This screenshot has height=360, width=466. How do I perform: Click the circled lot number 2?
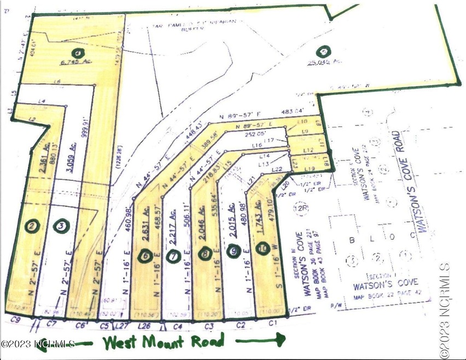(x=33, y=225)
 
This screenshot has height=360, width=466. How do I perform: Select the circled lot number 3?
(x=62, y=225)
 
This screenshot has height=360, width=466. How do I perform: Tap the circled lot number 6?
(x=145, y=255)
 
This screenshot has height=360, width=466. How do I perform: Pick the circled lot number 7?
(x=174, y=255)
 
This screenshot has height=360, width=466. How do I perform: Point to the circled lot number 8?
(x=205, y=253)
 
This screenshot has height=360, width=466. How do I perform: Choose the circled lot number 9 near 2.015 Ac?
(x=234, y=252)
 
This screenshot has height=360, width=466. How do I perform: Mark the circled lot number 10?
(x=265, y=247)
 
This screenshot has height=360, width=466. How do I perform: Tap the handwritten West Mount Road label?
(x=164, y=342)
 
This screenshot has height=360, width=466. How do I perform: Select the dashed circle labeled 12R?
(x=300, y=207)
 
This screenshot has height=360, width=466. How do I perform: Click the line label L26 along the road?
(x=144, y=327)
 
